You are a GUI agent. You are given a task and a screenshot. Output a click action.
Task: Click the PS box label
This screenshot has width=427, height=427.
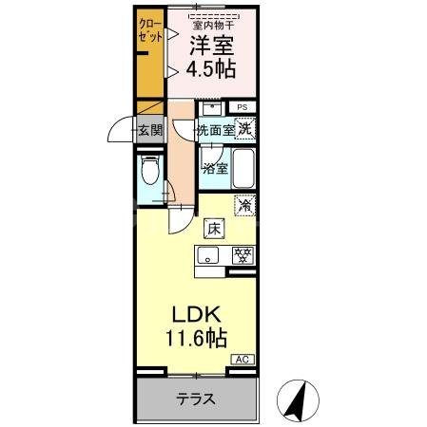click(243, 107)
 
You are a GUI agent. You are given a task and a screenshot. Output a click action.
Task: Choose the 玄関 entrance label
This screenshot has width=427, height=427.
click(150, 130)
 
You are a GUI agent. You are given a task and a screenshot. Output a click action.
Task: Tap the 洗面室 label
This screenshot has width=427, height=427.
click(215, 130)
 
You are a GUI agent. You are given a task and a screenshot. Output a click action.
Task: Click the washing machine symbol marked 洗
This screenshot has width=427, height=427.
click(245, 129)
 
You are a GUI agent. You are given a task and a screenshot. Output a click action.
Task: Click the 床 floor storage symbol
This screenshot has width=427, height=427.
click(213, 228)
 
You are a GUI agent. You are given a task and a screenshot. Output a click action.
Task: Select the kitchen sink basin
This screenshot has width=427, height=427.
click(209, 254)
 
